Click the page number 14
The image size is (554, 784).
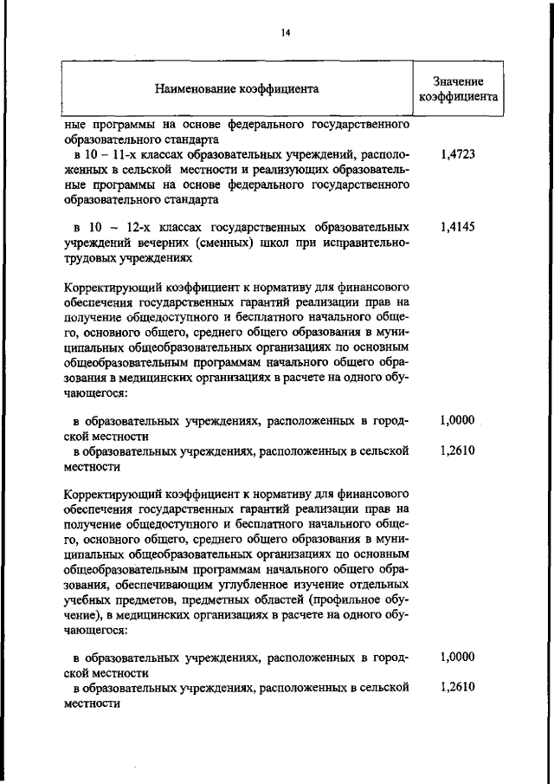point(284,33)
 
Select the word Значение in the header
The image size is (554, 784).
point(458,81)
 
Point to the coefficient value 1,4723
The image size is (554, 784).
point(457,155)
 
